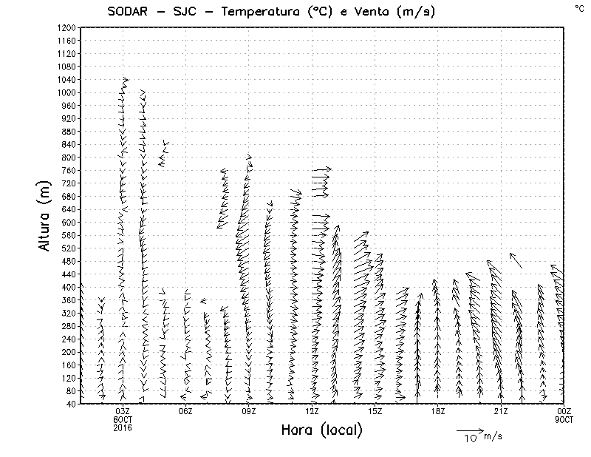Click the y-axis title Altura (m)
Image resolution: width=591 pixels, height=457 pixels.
(x=45, y=214)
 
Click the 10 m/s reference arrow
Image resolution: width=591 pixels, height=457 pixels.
(x=469, y=430)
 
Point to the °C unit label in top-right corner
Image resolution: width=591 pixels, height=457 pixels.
(x=578, y=7)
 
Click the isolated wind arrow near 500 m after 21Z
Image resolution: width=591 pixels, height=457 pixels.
(x=516, y=260)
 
